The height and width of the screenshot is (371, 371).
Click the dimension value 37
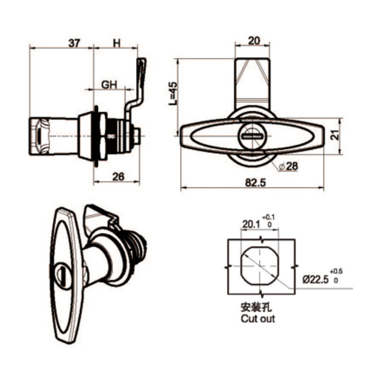[x=74, y=44]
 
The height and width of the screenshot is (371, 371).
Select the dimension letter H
[x=116, y=44]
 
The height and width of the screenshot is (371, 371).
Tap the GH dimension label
[x=109, y=85]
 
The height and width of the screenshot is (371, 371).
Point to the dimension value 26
[x=118, y=176]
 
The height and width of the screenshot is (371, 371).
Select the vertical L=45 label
[x=172, y=94]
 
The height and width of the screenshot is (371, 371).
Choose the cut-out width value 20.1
[x=251, y=224]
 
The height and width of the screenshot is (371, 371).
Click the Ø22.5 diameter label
[x=315, y=279]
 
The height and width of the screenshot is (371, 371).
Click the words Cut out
[x=258, y=319]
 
